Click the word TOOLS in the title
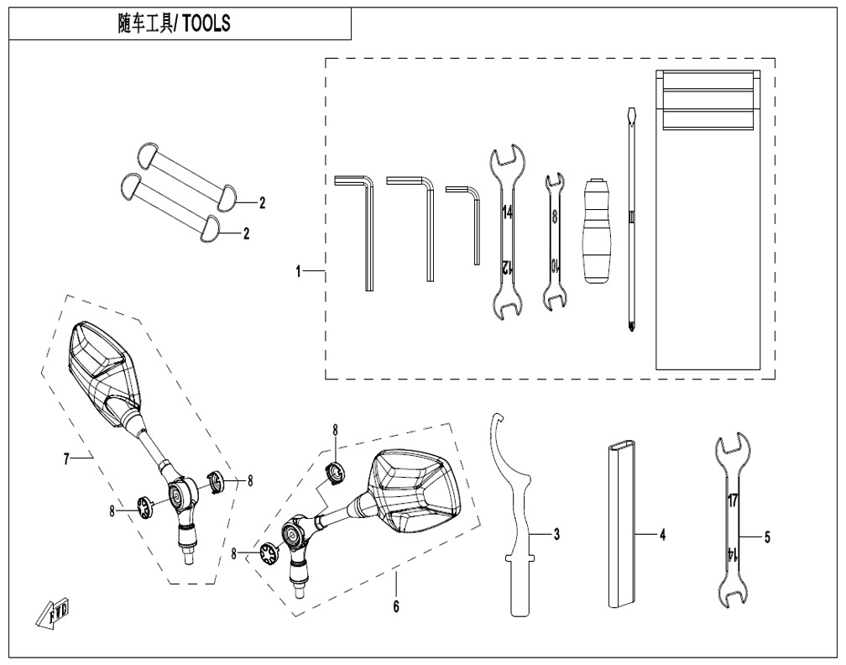pyautogui.click(x=206, y=24)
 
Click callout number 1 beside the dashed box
pyautogui.click(x=298, y=271)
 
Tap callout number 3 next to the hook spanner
pyautogui.click(x=556, y=534)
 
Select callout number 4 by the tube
pyautogui.click(x=662, y=535)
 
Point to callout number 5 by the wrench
pyautogui.click(x=767, y=537)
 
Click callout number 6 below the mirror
pyautogui.click(x=396, y=606)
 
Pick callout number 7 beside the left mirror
pyautogui.click(x=66, y=459)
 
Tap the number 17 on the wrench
pyautogui.click(x=732, y=500)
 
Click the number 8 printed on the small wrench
pyautogui.click(x=554, y=217)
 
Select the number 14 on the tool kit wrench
pyautogui.click(x=507, y=212)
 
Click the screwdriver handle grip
pyautogui.click(x=598, y=229)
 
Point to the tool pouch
pyautogui.click(x=708, y=220)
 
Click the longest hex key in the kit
pyautogui.click(x=355, y=233)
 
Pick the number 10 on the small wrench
pyautogui.click(x=554, y=265)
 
